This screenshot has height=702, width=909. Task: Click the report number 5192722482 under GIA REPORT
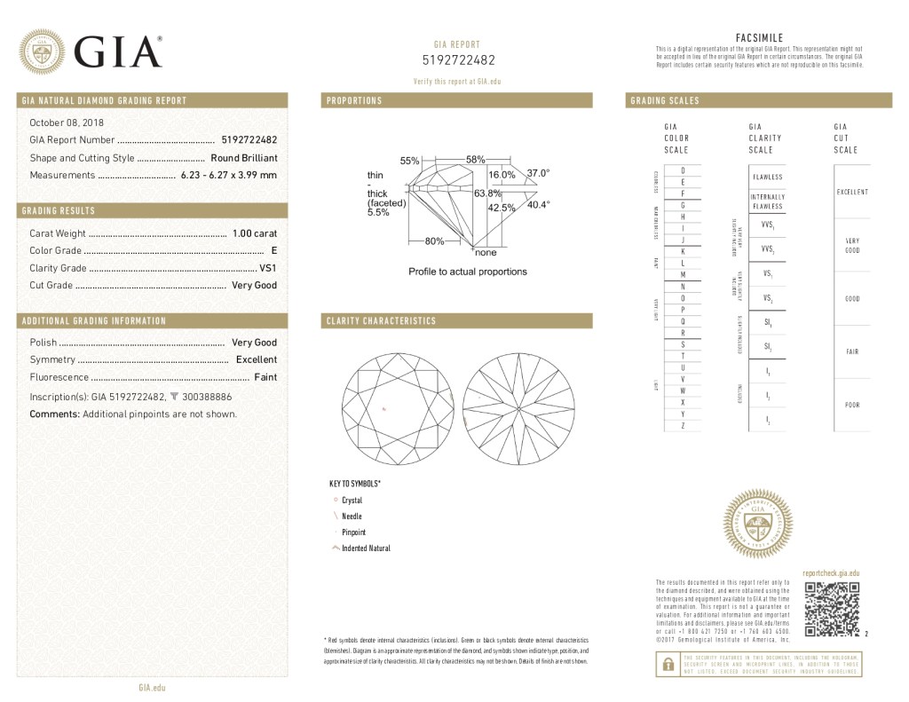[x=458, y=60]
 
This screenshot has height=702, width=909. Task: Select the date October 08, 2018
[x=67, y=122]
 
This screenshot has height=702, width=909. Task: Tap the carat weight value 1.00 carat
[x=254, y=233]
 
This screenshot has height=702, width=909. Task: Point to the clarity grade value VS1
[x=267, y=268]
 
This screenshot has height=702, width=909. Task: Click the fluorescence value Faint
[x=265, y=377]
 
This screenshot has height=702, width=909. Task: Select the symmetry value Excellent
[x=256, y=359]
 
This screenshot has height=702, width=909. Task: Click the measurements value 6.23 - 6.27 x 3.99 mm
[x=228, y=175]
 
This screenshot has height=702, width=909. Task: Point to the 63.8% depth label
[x=487, y=193]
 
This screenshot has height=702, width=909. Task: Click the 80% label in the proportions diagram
[x=435, y=241]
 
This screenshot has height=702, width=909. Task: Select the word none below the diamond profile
[x=486, y=252]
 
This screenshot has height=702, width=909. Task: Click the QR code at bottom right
[x=831, y=610]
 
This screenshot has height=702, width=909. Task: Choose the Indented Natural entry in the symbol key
[x=365, y=548]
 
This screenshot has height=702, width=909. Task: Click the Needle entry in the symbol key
[x=351, y=517]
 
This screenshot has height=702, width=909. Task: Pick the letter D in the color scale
[x=682, y=170]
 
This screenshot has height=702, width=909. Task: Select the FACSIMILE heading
[x=759, y=37]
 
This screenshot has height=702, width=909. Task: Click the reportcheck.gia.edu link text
[x=831, y=574]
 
